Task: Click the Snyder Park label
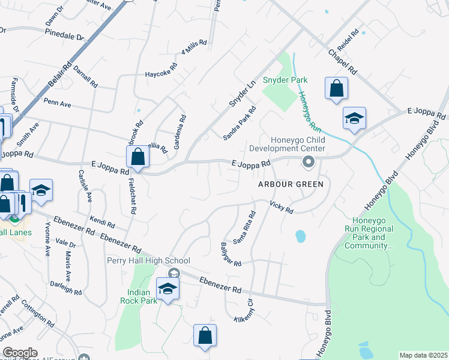pyautogui.click(x=288, y=80)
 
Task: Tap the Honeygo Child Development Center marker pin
pyautogui.click(x=309, y=161)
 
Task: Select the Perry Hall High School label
pyautogui.click(x=148, y=260)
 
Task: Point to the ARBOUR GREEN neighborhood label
pyautogui.click(x=291, y=184)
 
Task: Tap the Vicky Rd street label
pyautogui.click(x=281, y=207)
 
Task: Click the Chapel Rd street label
pyautogui.click(x=343, y=62)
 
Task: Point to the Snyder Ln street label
pyautogui.click(x=240, y=93)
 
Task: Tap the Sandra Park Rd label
pyautogui.click(x=240, y=123)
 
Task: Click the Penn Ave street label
pyautogui.click(x=58, y=104)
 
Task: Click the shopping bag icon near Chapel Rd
pyautogui.click(x=337, y=88)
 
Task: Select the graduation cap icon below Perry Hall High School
pyautogui.click(x=168, y=289)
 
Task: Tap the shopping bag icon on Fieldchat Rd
pyautogui.click(x=138, y=157)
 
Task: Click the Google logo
pyautogui.click(x=20, y=353)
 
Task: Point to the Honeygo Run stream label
pyautogui.click(x=307, y=112)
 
